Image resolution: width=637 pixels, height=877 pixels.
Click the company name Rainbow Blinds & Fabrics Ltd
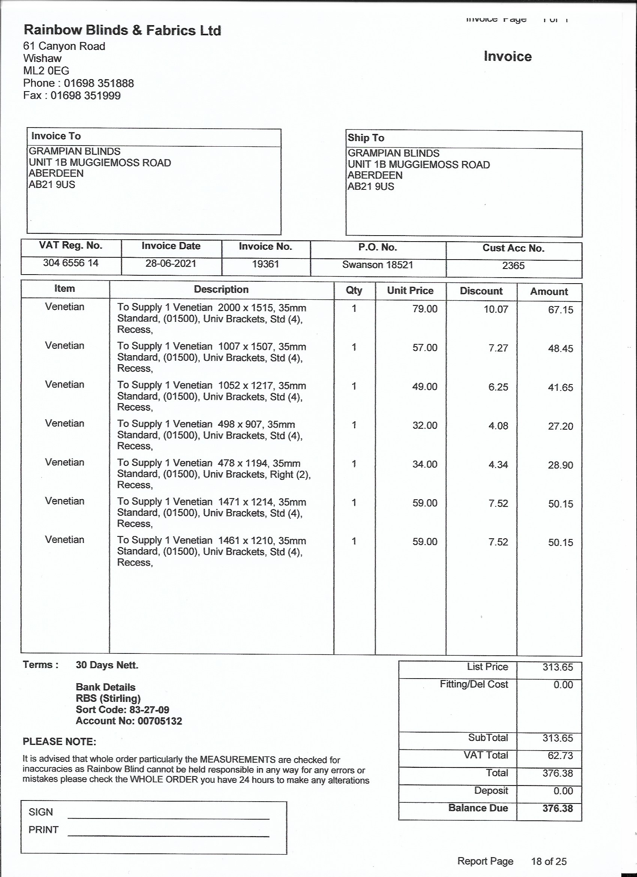coord(122,30)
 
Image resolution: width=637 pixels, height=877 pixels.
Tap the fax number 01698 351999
coord(85,96)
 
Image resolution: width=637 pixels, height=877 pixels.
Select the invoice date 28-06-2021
coord(171,264)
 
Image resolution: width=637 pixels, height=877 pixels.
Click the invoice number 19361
coord(265,264)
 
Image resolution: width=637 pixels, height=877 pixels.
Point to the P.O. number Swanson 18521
coord(377,265)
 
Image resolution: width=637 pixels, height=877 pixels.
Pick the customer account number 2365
coord(513,266)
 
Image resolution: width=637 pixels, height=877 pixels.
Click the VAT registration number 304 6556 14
coord(71,263)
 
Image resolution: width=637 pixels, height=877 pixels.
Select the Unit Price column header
coord(410,291)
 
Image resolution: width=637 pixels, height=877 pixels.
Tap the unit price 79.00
coord(425,309)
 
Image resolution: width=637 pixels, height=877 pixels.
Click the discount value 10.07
coord(496,309)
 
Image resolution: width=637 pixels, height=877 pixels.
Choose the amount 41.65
coord(560,387)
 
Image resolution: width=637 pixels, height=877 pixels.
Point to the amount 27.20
coord(560,426)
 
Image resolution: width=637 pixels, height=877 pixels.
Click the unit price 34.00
coord(425,464)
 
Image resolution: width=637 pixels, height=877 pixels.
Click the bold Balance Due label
coord(478,808)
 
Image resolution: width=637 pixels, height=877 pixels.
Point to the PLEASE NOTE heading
coord(60,742)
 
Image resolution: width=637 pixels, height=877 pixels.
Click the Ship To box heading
coord(366,138)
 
